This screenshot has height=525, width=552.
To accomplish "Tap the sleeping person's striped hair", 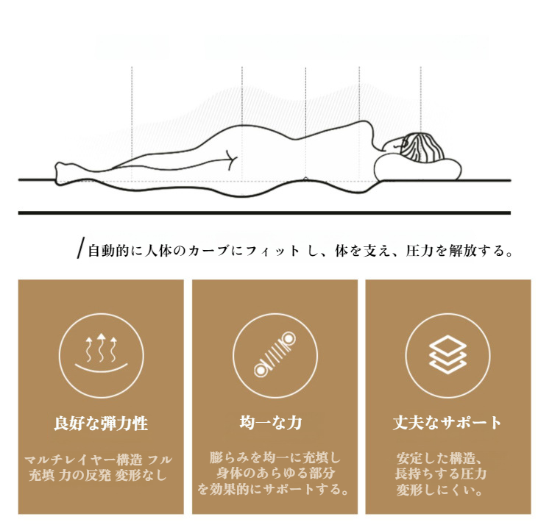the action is coord(422,148).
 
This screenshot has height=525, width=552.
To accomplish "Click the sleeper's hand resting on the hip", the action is coord(230,160).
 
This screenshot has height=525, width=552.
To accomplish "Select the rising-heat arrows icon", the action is coord(102,353).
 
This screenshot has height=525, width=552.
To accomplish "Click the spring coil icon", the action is coord(275,354).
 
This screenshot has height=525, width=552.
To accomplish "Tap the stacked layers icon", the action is coord(447,354).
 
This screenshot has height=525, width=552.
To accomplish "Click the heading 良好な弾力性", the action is coord(101,423).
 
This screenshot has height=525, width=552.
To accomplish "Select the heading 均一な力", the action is coord(271,422).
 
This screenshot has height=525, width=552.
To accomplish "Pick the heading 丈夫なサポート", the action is coord(447,422).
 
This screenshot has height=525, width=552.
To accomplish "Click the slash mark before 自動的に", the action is coord(81,248).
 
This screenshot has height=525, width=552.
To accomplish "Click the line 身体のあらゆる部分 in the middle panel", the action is coord(275,474).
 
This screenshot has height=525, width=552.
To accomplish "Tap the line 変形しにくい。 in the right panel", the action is coord(439,490).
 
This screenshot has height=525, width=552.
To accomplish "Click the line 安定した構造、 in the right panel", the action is coord(439,458).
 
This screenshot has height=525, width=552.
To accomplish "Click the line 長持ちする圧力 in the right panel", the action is coord(441,474).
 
